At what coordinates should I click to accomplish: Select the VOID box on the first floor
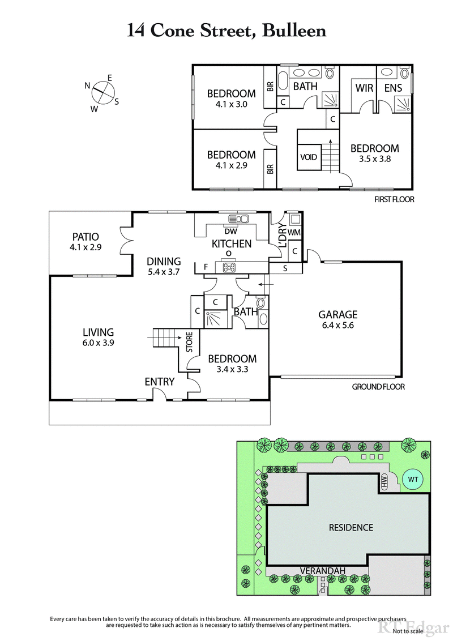[309, 157]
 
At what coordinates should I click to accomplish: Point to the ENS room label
[393, 88]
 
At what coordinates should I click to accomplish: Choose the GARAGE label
[337, 314]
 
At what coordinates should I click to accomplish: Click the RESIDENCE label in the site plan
[351, 527]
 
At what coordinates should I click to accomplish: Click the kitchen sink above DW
[238, 219]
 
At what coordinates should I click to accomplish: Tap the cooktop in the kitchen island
[230, 267]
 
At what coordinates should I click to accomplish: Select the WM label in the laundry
[293, 233]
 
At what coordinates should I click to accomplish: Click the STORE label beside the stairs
[190, 342]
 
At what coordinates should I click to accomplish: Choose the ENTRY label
[159, 382]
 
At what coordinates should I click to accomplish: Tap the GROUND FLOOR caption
[378, 387]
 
